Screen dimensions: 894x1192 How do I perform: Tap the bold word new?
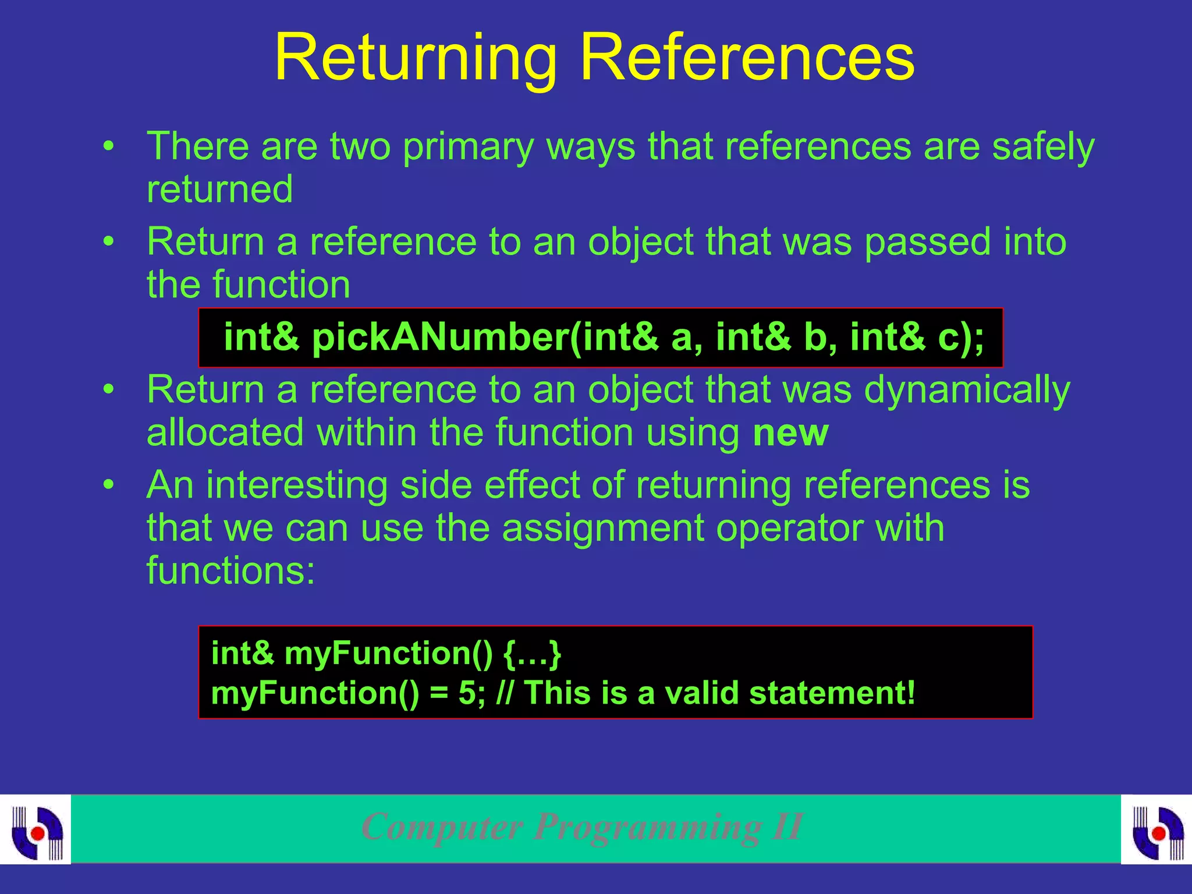[790, 433]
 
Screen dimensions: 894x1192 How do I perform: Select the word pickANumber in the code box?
[440, 338]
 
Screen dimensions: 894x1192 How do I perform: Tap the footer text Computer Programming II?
[582, 826]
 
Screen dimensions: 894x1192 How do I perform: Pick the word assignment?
[602, 528]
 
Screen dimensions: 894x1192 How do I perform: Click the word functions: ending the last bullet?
[230, 570]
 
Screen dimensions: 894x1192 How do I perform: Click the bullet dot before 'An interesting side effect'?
[108, 485]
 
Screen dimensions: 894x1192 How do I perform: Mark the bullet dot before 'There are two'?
[108, 146]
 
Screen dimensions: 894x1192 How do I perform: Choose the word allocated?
[225, 433]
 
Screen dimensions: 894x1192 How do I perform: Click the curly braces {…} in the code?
[532, 654]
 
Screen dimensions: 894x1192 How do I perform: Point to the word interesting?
[297, 485]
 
